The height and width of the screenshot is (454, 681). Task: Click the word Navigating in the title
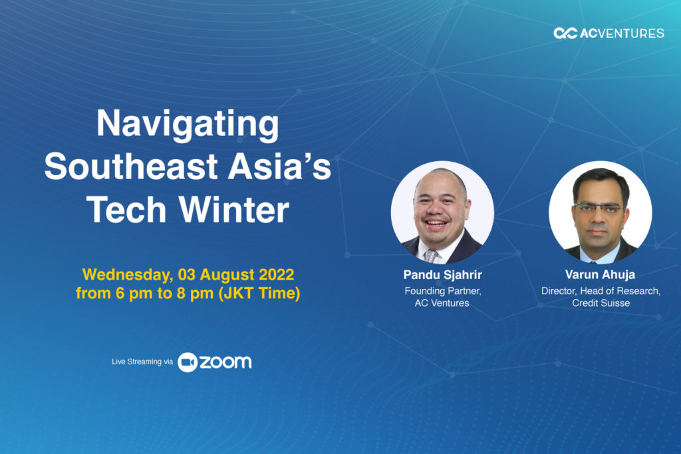pyautogui.click(x=188, y=124)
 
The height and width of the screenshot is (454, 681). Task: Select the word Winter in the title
pyautogui.click(x=234, y=210)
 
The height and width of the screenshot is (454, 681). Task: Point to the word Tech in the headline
pyautogui.click(x=126, y=210)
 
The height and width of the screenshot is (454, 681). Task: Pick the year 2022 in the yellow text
pyautogui.click(x=276, y=274)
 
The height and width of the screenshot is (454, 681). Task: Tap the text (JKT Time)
pyautogui.click(x=259, y=293)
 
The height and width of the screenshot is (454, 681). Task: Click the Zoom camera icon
pyautogui.click(x=188, y=362)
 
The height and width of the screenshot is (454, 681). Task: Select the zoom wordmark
pyautogui.click(x=225, y=362)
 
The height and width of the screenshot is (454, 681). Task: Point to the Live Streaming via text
pyautogui.click(x=142, y=361)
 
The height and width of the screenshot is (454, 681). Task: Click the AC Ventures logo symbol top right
pyautogui.click(x=565, y=33)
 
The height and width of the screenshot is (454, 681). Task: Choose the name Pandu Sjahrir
pyautogui.click(x=442, y=275)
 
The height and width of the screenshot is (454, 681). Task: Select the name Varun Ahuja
pyautogui.click(x=601, y=274)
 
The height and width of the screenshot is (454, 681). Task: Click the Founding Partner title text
pyautogui.click(x=442, y=291)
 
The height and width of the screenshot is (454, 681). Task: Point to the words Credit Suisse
pyautogui.click(x=601, y=303)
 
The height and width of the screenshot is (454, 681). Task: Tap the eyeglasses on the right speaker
pyautogui.click(x=600, y=208)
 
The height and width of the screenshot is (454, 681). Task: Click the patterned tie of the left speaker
pyautogui.click(x=431, y=255)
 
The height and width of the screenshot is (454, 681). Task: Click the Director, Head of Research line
pyautogui.click(x=601, y=291)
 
